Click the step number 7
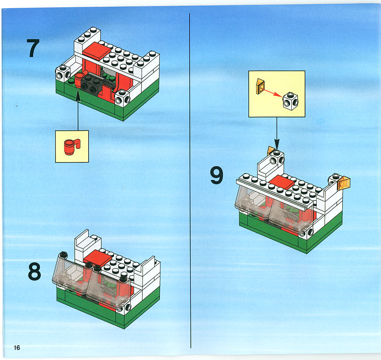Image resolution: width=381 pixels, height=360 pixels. [33, 48]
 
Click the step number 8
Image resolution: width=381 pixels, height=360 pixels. [34, 271]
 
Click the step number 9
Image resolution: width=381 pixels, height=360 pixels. [216, 175]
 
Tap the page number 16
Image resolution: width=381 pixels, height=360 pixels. [17, 348]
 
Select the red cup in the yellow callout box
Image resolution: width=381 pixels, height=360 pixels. [72, 146]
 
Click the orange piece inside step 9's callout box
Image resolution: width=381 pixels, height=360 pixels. [260, 86]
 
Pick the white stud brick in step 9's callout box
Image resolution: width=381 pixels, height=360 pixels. [290, 101]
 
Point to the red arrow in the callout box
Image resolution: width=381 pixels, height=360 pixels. [273, 93]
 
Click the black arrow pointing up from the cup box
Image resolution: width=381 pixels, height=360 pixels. [78, 111]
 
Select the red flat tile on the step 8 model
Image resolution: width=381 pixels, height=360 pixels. [98, 258]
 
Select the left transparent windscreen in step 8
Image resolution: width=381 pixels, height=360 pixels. [71, 272]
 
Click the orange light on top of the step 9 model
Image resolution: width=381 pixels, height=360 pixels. [270, 151]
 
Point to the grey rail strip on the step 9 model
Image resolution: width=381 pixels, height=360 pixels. [274, 194]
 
